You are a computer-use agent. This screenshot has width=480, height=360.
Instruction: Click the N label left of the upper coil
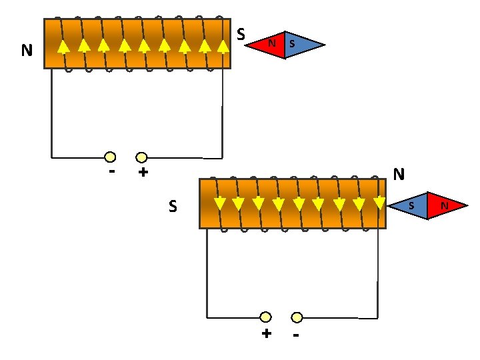27,50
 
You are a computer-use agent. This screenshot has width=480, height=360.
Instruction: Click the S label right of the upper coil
241,34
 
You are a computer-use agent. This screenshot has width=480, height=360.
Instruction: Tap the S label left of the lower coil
173,206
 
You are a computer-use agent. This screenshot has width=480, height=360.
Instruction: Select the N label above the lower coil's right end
399,174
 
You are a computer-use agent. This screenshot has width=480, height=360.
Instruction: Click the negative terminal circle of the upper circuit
110,157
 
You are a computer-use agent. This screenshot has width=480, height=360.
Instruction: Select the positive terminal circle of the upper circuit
141,157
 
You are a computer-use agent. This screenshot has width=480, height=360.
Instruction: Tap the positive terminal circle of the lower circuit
265,317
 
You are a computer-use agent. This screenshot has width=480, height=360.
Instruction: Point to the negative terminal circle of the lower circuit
297,317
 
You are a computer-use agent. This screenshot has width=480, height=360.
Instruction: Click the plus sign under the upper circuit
143,172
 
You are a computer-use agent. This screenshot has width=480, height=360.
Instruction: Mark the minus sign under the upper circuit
112,171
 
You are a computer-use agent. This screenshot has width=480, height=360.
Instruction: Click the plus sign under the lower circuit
267,333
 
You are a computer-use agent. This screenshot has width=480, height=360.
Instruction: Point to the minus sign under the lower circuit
296,335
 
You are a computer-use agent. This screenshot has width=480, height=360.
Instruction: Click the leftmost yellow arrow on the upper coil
63,47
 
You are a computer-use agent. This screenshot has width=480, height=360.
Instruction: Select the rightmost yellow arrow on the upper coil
223,47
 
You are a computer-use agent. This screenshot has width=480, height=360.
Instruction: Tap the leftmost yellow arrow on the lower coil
220,204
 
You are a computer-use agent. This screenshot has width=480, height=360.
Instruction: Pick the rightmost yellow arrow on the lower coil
379,203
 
